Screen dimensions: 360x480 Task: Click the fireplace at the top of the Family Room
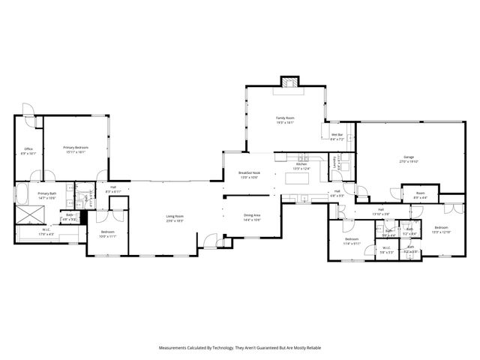[x=289, y=82]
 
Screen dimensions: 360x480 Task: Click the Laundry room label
[x=341, y=162]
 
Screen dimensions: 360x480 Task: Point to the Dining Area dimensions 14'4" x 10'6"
[x=252, y=220]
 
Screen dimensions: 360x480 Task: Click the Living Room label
[x=175, y=218]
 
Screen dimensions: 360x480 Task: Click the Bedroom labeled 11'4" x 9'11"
[x=352, y=241]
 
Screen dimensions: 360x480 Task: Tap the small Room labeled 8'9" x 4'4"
[x=420, y=196]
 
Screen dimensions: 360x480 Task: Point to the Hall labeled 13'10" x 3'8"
[x=380, y=211]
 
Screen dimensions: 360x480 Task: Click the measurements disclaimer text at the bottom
[x=239, y=348]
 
